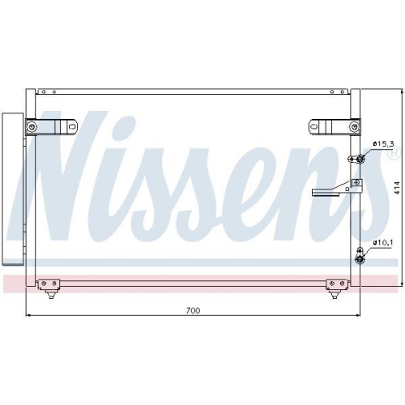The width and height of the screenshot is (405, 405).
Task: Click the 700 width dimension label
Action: (x=193, y=310)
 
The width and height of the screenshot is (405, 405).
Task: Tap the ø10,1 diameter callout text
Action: (x=382, y=242)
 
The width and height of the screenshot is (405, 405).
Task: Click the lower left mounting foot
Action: (x=49, y=284)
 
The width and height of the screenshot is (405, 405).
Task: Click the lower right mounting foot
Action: (x=335, y=284)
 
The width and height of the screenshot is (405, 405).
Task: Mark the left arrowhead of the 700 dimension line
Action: (x=30, y=316)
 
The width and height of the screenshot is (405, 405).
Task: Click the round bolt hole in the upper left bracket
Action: (x=32, y=128)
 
